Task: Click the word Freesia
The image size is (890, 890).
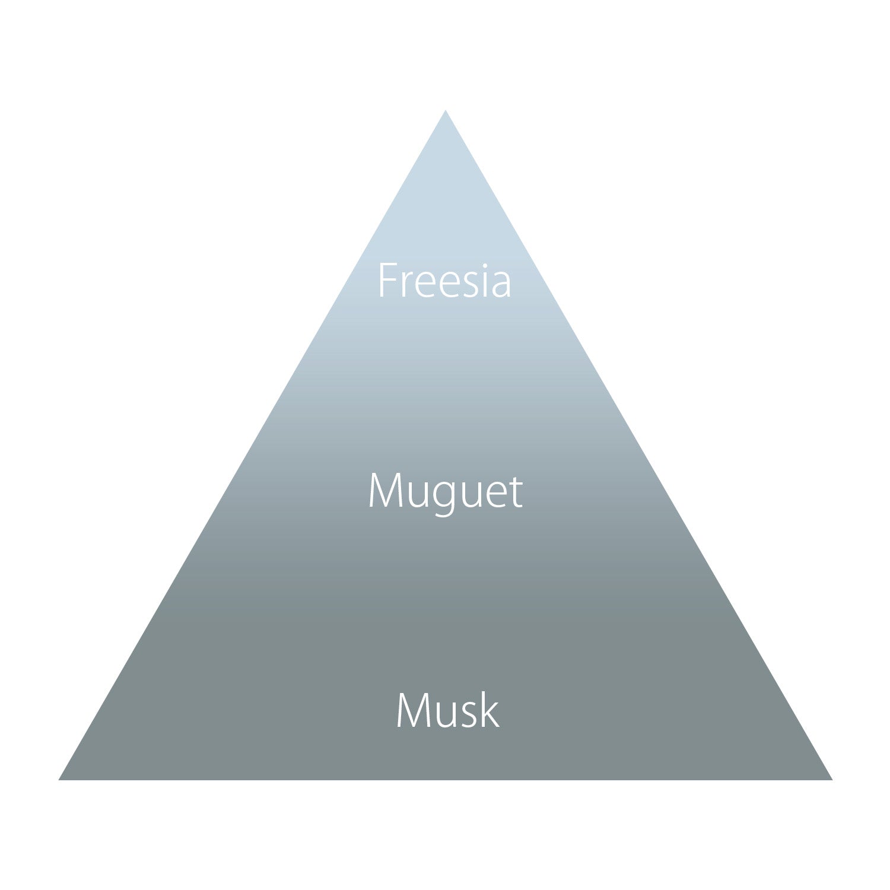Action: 444,280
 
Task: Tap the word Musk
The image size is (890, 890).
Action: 447,710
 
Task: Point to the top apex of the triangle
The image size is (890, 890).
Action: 446,110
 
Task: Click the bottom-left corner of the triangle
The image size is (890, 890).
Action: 59,780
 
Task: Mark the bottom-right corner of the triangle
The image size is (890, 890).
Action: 832,780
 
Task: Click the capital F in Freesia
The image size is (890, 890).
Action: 387,281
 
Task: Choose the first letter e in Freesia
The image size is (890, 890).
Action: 425,285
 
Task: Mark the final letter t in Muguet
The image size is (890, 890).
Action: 515,492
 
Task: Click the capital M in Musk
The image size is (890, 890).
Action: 411,710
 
